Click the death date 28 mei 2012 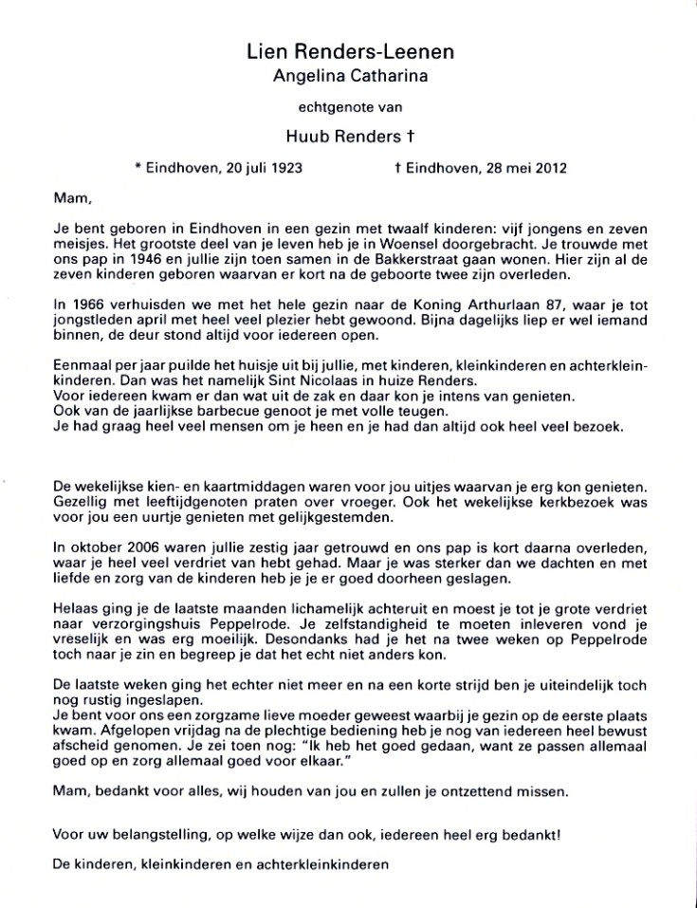pos(519,169)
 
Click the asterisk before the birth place pos(138,169)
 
